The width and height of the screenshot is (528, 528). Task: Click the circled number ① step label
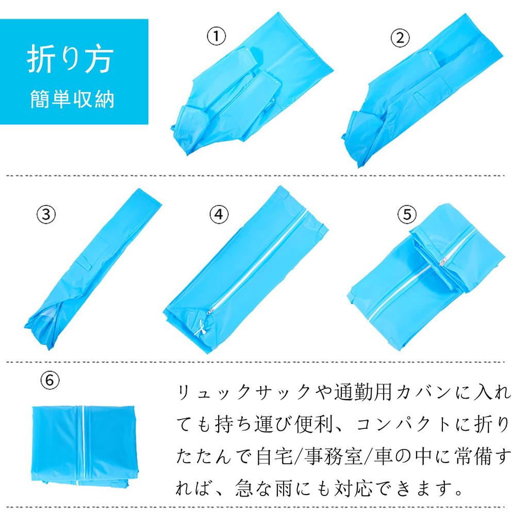pos(216,37)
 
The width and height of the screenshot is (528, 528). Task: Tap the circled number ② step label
pos(400,38)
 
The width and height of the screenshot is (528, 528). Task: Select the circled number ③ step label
pos(46,214)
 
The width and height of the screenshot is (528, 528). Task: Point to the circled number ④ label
pos(219,214)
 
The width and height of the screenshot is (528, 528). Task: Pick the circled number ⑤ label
pos(407,214)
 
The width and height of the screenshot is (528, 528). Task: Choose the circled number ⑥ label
pos(50,380)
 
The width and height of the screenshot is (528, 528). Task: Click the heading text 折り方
pos(70,59)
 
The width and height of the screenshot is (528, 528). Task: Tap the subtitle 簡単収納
pos(72,100)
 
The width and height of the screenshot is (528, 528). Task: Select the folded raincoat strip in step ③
pos(93,269)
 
